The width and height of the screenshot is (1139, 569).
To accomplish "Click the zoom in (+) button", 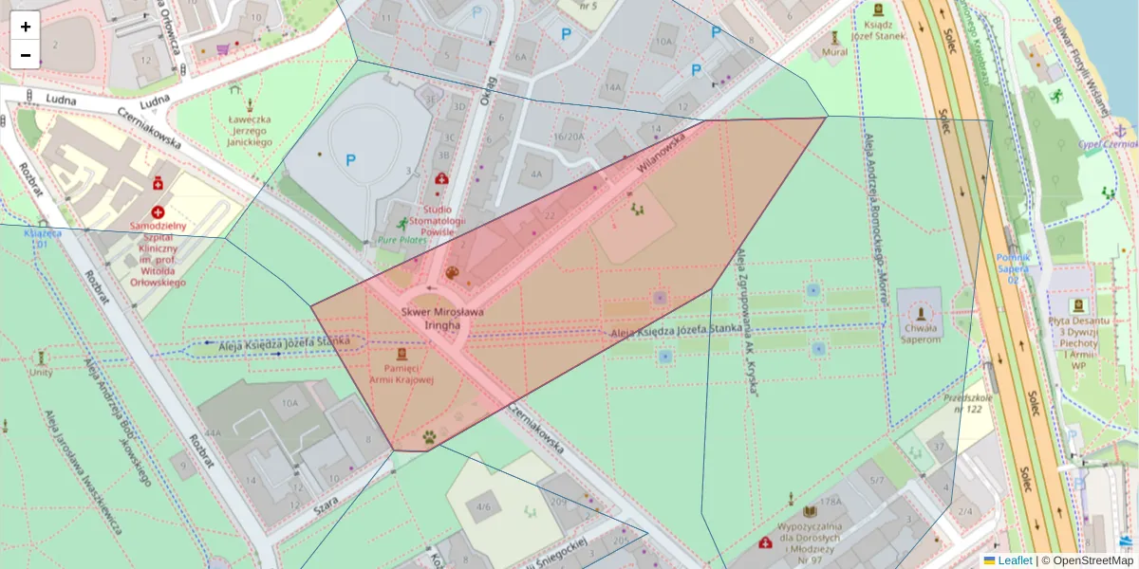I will tap(26, 27).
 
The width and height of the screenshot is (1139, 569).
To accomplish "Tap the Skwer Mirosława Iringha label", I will tap(442, 318).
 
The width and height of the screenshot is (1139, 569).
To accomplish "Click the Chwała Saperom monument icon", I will tap(920, 314).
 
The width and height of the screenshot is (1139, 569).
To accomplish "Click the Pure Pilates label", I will tap(402, 240).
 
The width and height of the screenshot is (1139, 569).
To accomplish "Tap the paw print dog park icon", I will tap(430, 437).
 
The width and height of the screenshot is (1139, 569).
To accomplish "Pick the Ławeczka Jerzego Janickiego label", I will tap(250, 131).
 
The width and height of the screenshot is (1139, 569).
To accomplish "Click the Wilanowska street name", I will tap(662, 154).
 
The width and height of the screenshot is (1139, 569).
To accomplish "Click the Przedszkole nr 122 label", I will tap(968, 405).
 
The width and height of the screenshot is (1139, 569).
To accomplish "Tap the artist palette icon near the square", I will tap(452, 273).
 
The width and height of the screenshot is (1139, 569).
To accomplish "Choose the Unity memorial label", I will tap(41, 373).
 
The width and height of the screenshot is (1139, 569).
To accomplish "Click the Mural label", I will tap(835, 52).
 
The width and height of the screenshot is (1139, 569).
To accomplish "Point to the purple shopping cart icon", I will tap(223, 48).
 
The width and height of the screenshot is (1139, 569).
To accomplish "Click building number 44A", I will tap(213, 433).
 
